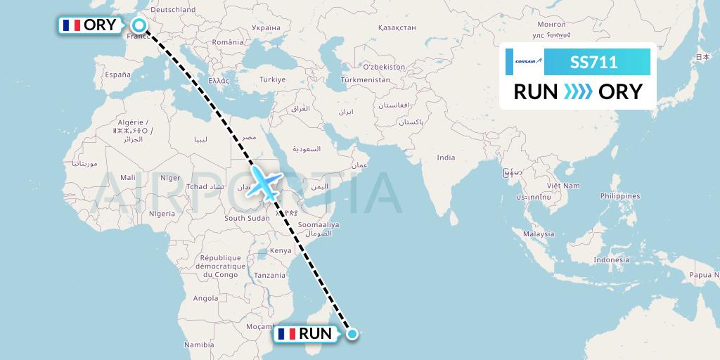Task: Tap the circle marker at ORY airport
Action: [x=139, y=26]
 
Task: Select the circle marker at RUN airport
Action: [x=352, y=334]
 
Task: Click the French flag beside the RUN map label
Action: [x=286, y=334]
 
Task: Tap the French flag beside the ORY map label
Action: [x=70, y=26]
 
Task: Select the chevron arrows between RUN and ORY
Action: [x=578, y=91]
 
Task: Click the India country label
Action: [x=445, y=157]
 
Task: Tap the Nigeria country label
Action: [x=162, y=213]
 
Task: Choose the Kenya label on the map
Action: [x=281, y=250]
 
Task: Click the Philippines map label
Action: [x=620, y=196]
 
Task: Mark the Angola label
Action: [x=205, y=298]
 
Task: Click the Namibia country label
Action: [x=198, y=345]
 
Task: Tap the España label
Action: [x=117, y=75]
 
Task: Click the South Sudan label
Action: [x=246, y=219]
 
